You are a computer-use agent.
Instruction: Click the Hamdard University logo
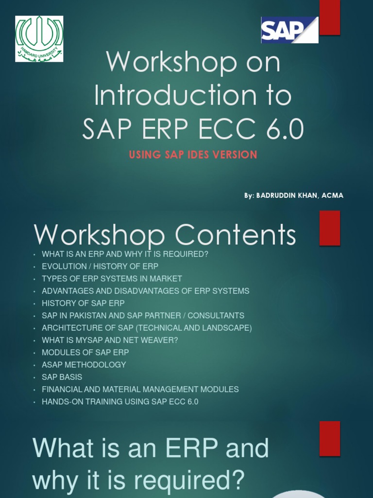39,39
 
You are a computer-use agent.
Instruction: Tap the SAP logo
289,30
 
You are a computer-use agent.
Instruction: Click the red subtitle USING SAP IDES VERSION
193,155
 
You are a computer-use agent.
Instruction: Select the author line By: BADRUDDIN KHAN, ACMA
293,196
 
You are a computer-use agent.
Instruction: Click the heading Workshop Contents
165,235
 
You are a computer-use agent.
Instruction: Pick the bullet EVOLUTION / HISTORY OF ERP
100,267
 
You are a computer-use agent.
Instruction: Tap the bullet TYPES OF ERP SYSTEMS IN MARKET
112,279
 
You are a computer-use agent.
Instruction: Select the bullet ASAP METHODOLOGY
84,365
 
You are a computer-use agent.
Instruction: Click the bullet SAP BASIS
62,377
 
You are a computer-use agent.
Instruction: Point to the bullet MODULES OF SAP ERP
85,353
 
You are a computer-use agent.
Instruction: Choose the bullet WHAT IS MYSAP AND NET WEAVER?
110,340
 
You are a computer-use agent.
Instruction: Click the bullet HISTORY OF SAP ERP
83,303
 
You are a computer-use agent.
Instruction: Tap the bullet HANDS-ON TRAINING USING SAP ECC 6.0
120,402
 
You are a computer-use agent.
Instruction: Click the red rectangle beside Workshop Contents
330,228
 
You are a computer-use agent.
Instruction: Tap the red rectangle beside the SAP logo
330,18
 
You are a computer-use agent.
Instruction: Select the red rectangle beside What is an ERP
330,439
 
